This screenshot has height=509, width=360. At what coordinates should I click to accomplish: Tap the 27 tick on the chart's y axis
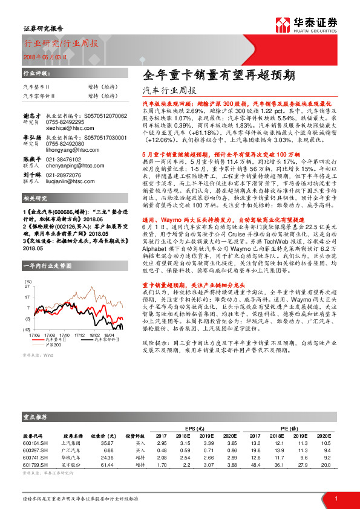(27, 286)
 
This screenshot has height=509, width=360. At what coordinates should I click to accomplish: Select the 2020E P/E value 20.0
(327, 465)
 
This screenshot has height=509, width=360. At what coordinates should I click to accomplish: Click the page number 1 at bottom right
(336, 498)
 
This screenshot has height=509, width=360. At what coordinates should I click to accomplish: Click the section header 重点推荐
(34, 417)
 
